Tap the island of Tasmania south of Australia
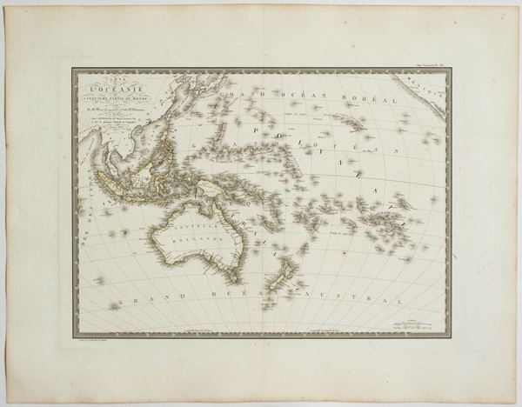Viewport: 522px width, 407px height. coord(231,275)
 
